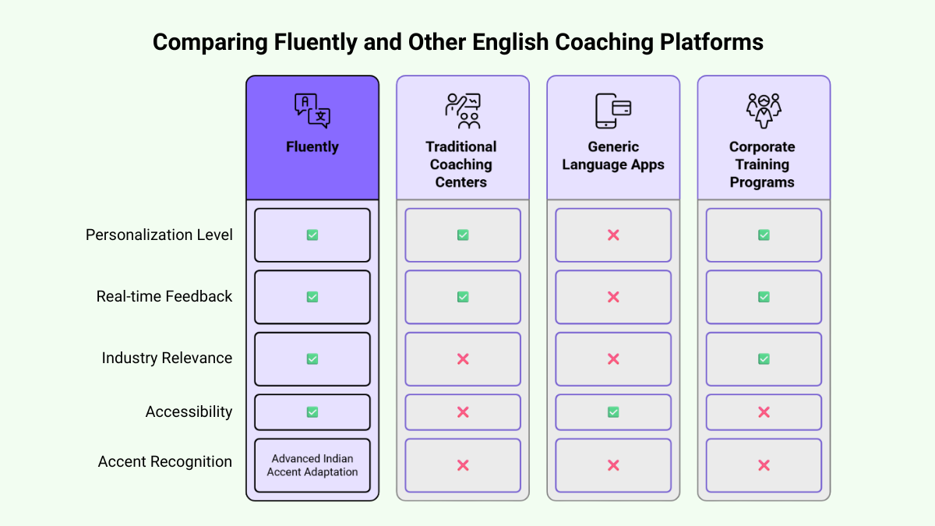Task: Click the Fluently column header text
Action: coord(312,147)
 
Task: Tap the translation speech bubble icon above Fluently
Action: coord(312,110)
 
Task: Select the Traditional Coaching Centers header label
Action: coord(462,164)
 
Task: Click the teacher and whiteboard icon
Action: coord(462,111)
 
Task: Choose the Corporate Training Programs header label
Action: coord(763,164)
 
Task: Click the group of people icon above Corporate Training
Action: coord(763,111)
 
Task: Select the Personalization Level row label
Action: coord(159,235)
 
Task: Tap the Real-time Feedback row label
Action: coord(164,296)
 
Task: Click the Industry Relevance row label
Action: coord(167,358)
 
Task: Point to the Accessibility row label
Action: coord(189,411)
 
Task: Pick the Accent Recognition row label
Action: coord(165,461)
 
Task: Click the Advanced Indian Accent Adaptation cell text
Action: coord(312,465)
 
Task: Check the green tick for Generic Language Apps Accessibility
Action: coord(613,412)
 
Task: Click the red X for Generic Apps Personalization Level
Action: coord(613,235)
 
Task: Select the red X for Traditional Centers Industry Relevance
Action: coord(463,358)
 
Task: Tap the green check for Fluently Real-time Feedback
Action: coord(312,297)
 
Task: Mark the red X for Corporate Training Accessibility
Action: coord(764,412)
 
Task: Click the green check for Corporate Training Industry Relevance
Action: coord(764,358)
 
